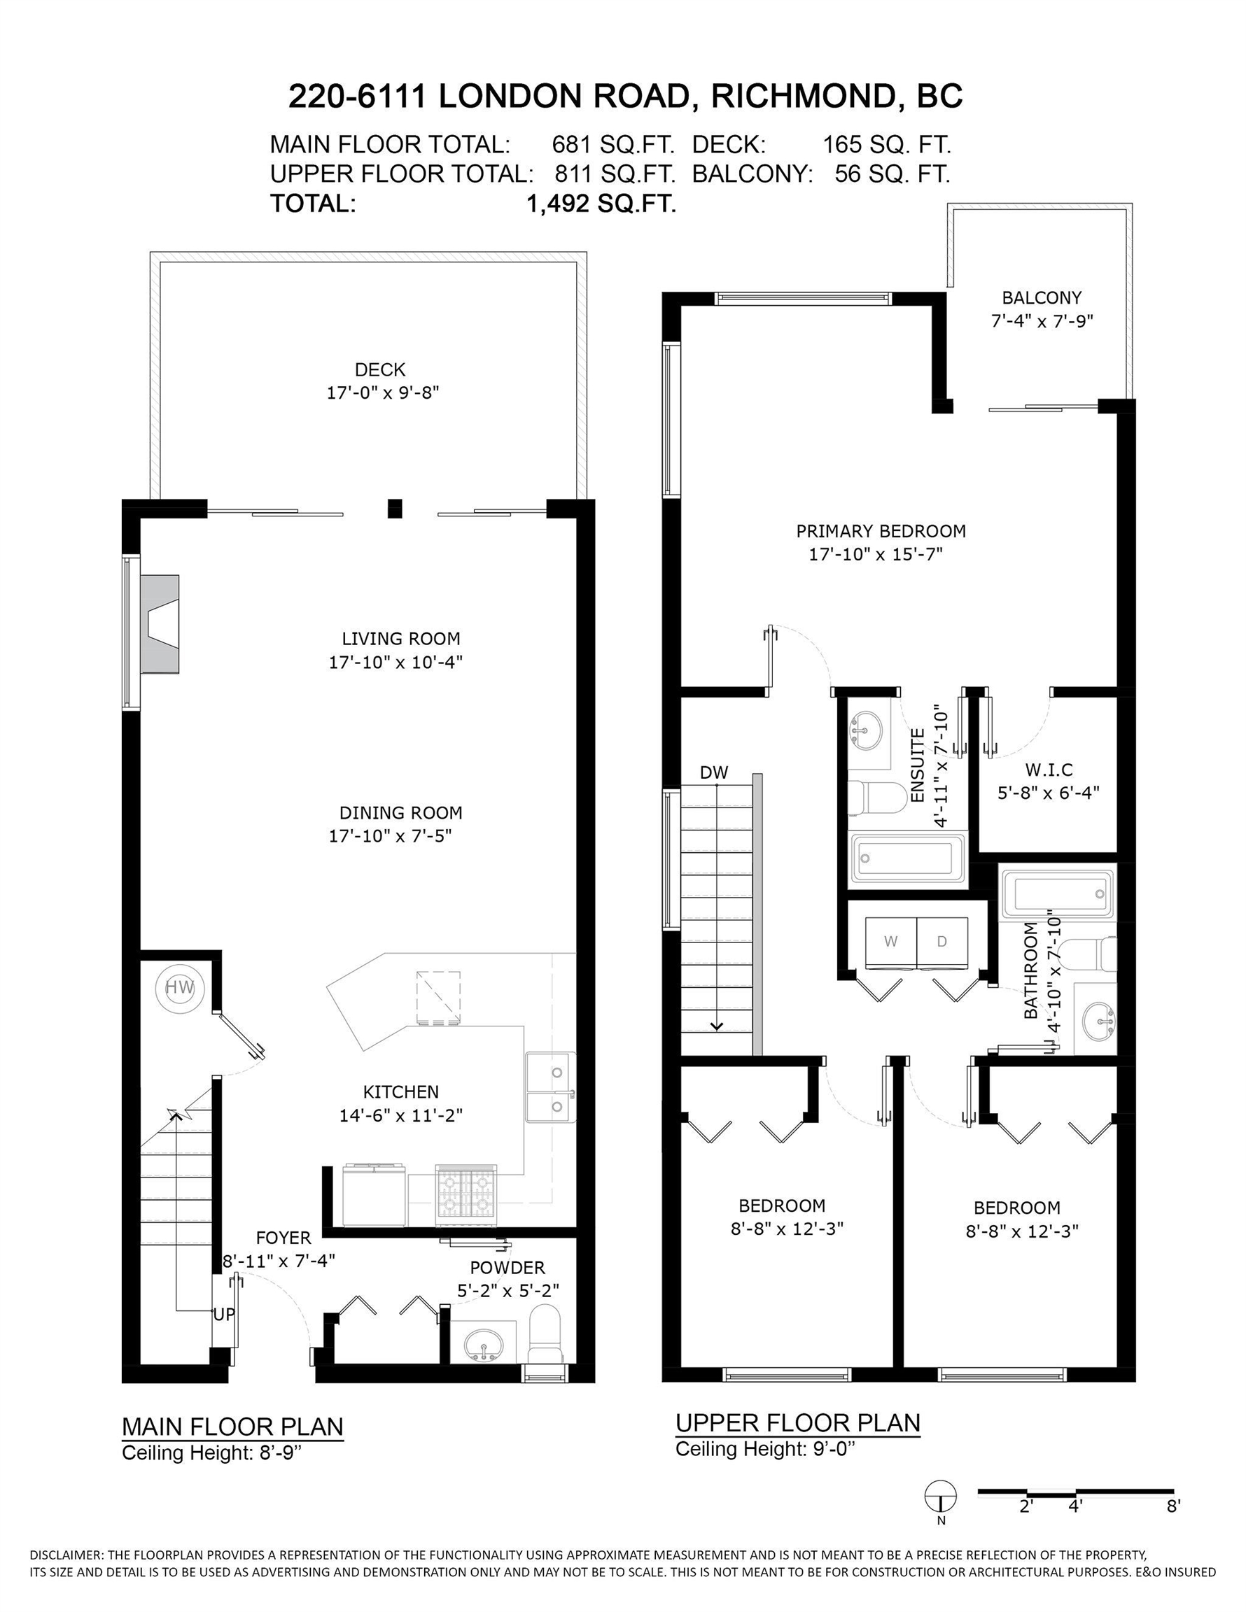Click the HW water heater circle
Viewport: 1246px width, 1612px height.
pos(179,988)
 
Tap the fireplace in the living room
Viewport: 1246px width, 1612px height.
pos(160,623)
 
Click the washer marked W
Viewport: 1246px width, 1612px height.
pos(890,941)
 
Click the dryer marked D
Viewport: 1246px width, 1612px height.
pos(941,941)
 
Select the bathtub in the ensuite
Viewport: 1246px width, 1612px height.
pos(909,858)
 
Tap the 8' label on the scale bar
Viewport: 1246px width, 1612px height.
pos(1174,1506)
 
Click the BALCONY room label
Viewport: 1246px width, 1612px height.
pos(1042,297)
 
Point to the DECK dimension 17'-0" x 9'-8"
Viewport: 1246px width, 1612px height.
pos(383,393)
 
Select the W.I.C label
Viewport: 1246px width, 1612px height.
pos(1049,770)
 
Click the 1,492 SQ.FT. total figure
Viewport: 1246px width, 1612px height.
pos(601,204)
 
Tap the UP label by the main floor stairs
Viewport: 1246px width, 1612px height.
pos(224,1315)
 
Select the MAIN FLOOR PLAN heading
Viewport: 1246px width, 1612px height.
pos(232,1426)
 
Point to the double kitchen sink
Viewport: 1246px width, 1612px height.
pos(550,1088)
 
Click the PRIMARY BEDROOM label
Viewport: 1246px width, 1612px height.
pos(881,531)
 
